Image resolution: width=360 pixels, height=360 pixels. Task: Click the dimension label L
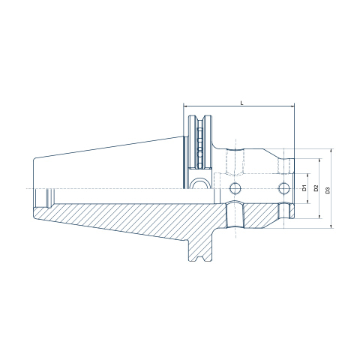coord(241,103)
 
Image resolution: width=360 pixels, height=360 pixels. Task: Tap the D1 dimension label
coord(304,188)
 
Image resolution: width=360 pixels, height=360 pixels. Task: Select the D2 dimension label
coord(316,188)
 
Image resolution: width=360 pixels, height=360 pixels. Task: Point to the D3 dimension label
coord(328,190)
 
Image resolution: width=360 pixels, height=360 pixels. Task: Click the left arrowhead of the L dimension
coord(185,106)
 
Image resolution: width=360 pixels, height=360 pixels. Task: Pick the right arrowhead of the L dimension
coord(292,106)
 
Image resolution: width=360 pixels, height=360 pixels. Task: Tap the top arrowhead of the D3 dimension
coord(331,151)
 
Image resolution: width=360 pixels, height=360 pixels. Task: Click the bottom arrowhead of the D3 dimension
coord(331,226)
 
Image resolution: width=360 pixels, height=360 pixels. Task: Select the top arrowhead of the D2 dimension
coord(319,160)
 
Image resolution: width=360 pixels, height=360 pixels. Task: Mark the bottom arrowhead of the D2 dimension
coord(319,216)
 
